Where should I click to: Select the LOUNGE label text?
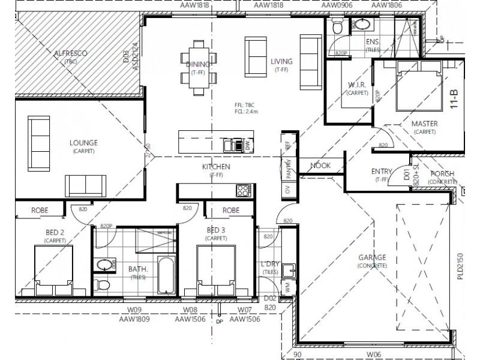point(83,142)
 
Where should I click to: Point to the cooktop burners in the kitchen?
point(244,190)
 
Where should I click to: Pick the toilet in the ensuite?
point(337,27)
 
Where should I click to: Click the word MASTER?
point(424,124)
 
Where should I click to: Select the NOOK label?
point(321,166)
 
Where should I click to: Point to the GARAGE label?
point(372,257)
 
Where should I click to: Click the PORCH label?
point(442,174)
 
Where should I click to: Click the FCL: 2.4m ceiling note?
point(247,110)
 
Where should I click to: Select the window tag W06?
point(374,354)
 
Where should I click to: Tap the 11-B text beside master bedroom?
point(454,98)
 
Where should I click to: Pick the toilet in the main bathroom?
point(104,284)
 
